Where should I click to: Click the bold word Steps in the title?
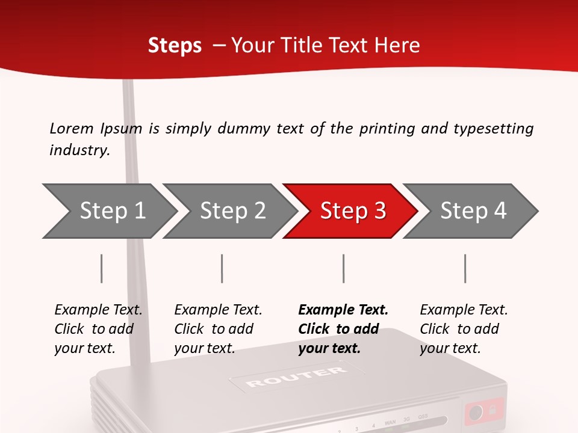pyautogui.click(x=175, y=46)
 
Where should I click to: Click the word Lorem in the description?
pyautogui.click(x=71, y=128)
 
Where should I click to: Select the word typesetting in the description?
pyautogui.click(x=493, y=128)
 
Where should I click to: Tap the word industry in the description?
pyautogui.click(x=79, y=150)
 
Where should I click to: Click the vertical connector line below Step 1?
pyautogui.click(x=102, y=268)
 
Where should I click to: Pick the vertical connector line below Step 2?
pyautogui.click(x=222, y=268)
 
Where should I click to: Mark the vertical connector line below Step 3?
pyautogui.click(x=343, y=268)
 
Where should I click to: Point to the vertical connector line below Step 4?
pyautogui.click(x=465, y=268)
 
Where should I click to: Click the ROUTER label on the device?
pyautogui.click(x=296, y=377)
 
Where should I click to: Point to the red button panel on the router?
pyautogui.click(x=483, y=412)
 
